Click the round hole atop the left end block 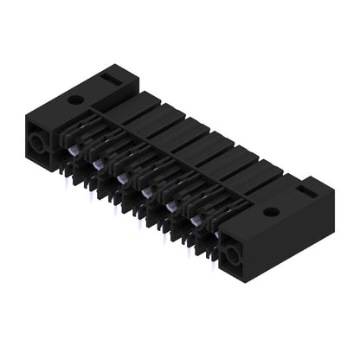pos(76,100)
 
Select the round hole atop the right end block pos(271,210)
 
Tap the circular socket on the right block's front pos(232,254)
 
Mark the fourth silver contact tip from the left pos(148,192)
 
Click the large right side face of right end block pos(294,238)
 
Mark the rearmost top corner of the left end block pos(120,70)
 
